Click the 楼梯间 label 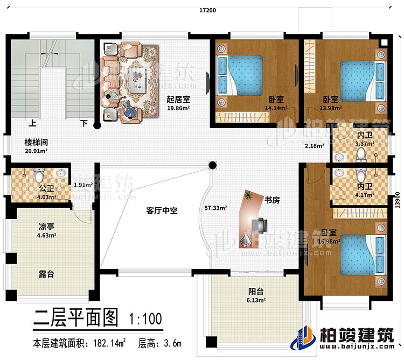point(36,143)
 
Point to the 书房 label point(271,200)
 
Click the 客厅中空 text point(155,211)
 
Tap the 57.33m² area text point(215,207)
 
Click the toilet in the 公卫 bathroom point(38,176)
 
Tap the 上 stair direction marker point(33,123)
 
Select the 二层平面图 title point(75,319)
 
